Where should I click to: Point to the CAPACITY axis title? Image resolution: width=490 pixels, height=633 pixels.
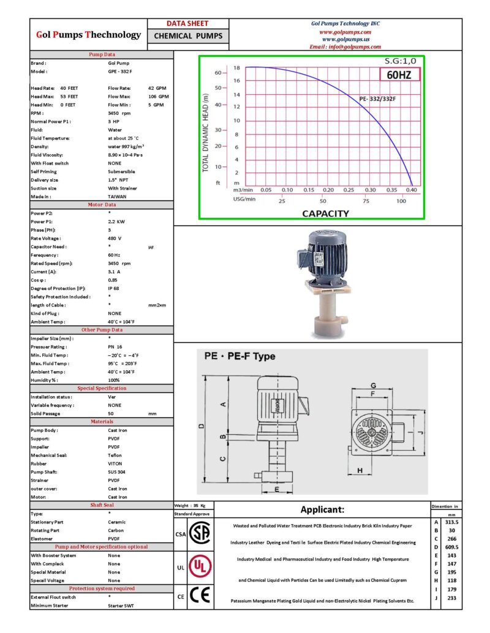click(326, 213)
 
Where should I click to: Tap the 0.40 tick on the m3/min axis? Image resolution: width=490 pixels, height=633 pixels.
click(411, 190)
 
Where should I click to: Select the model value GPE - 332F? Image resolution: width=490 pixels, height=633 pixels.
click(120, 72)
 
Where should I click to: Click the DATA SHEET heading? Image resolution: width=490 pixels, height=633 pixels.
click(188, 23)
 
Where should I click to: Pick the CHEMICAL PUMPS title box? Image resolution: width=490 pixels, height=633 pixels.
click(188, 35)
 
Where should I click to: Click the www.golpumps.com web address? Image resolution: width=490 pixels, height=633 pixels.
click(345, 32)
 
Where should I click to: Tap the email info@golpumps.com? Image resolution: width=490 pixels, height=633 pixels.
click(345, 46)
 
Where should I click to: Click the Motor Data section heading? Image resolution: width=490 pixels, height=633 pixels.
click(102, 204)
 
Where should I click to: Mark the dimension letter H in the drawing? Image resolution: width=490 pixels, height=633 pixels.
click(360, 470)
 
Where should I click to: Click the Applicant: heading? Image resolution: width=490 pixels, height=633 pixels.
click(322, 509)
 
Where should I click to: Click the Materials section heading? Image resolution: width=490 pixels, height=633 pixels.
click(102, 421)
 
